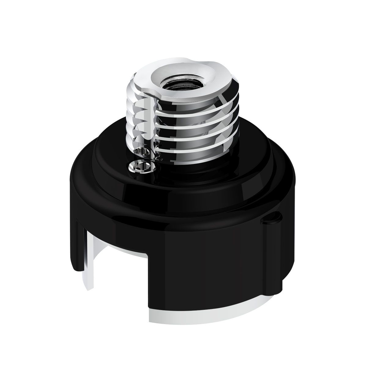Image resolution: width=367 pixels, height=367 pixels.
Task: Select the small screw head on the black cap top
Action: pyautogui.click(x=136, y=167)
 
